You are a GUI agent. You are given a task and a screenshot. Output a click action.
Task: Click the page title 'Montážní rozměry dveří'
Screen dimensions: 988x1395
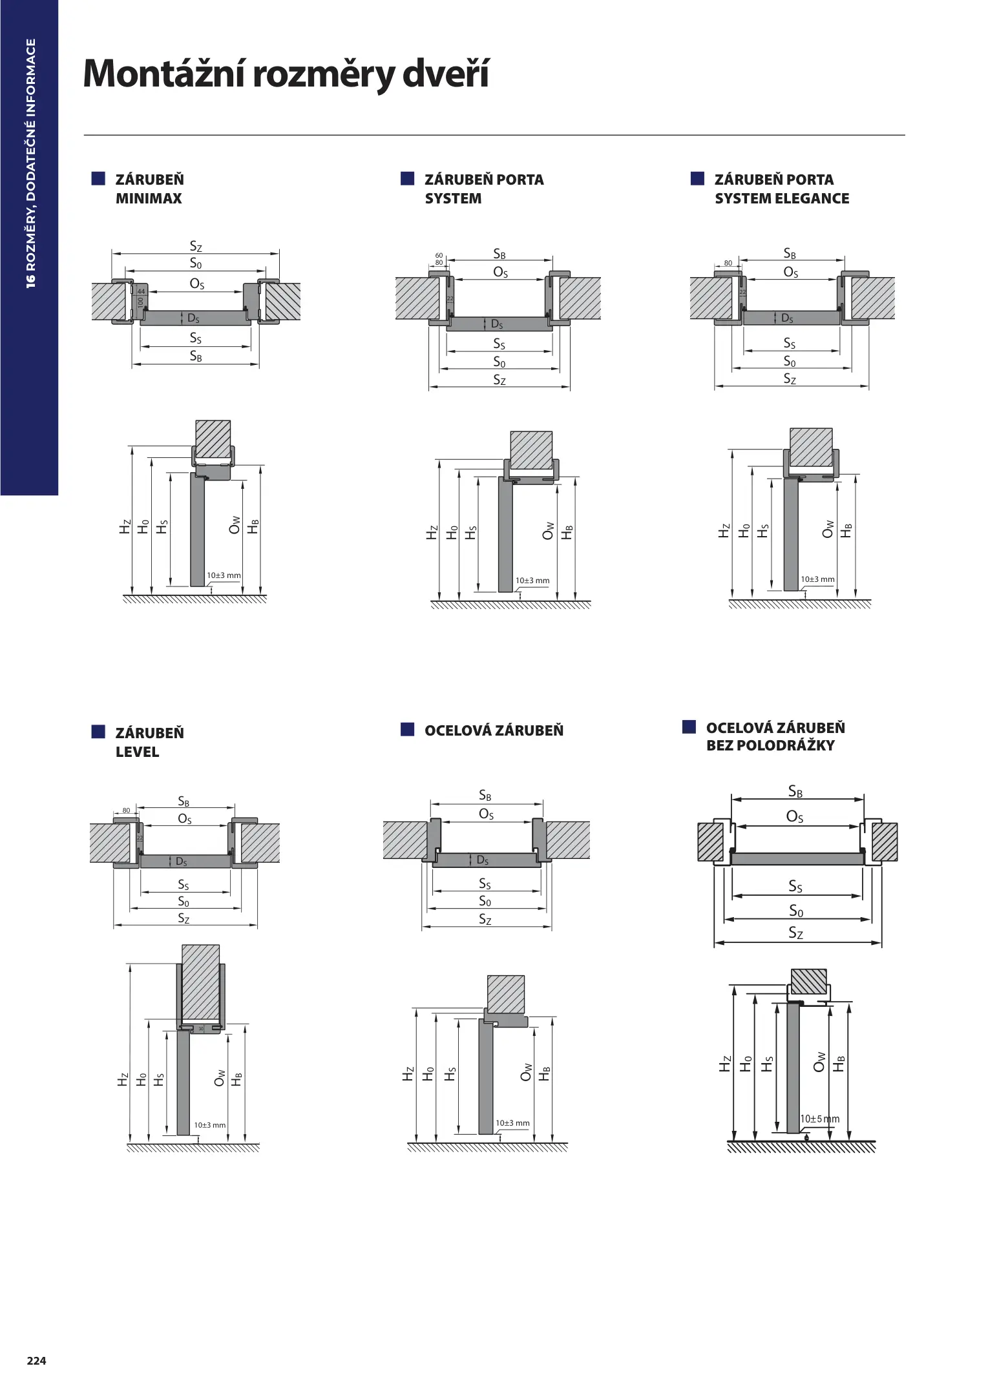[286, 75]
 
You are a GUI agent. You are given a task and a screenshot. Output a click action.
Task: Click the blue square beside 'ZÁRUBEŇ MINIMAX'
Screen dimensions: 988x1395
[98, 179]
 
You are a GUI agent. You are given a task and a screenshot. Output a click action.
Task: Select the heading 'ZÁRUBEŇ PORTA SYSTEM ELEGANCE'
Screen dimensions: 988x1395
[782, 189]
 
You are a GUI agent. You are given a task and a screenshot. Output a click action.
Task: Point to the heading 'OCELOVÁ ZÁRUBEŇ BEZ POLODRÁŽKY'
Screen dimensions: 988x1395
[775, 737]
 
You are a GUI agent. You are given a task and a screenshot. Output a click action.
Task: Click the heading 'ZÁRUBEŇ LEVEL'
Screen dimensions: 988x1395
[150, 743]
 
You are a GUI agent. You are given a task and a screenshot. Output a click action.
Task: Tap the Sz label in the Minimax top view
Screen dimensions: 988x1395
[196, 246]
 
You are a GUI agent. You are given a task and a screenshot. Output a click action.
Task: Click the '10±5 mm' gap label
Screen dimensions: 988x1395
[820, 1119]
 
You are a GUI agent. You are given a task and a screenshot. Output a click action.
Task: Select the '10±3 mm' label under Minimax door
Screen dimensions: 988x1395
[224, 575]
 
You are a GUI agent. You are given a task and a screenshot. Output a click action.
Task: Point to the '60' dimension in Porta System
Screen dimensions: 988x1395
[439, 256]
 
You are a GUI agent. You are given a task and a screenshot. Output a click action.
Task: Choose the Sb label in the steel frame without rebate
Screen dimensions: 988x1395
[795, 792]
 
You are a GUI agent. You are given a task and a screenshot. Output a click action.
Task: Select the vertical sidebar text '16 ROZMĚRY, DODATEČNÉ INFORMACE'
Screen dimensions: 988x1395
[30, 163]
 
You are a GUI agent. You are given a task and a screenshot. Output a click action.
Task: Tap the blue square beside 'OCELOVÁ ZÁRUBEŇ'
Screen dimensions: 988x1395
[407, 729]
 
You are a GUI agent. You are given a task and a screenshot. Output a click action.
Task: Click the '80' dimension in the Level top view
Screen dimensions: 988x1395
[126, 811]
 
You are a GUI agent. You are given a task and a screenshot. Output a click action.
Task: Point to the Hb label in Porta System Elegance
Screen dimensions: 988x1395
[847, 531]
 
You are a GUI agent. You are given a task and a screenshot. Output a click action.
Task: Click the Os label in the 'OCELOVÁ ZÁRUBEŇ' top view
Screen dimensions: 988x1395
[486, 814]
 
